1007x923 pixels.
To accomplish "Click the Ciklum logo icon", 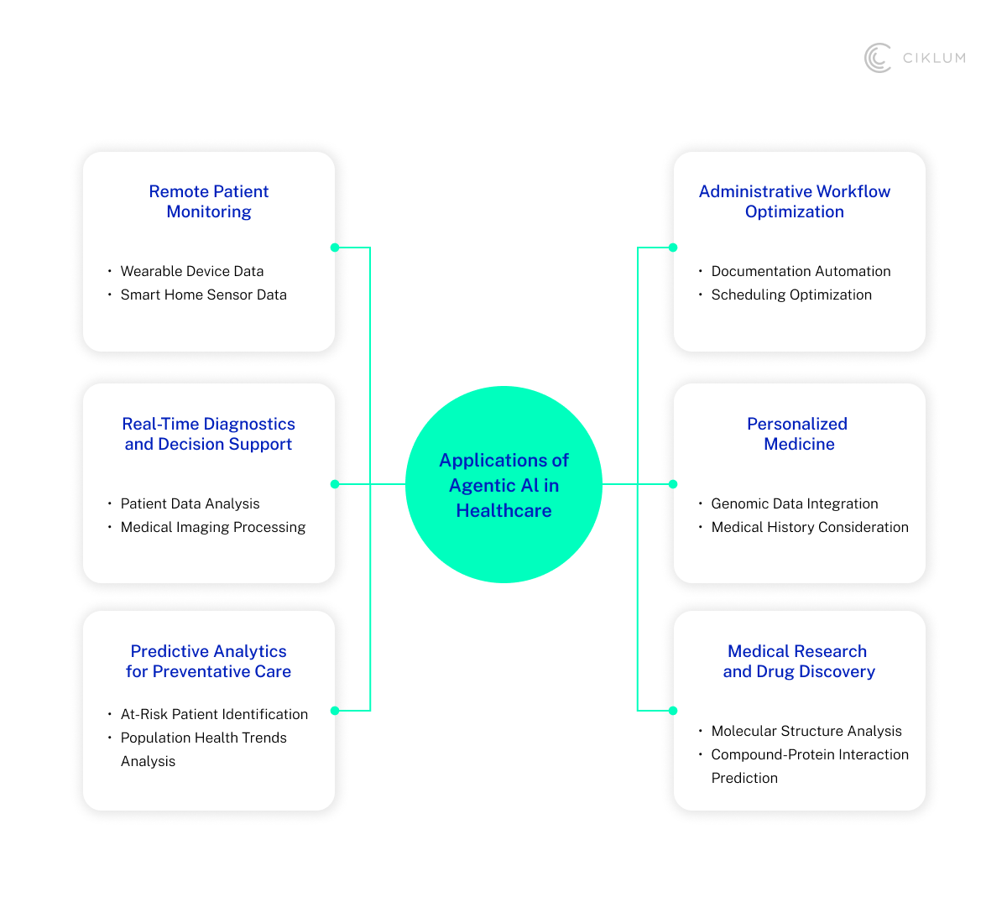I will [878, 58].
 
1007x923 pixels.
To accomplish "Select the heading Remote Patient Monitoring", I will [209, 201].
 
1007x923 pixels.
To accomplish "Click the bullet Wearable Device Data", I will [192, 271].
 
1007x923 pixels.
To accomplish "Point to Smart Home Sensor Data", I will [204, 295].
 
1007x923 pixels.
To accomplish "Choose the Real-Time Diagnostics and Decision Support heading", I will [209, 434].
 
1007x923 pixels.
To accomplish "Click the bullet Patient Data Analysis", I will [190, 503].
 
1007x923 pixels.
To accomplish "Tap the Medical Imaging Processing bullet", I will [213, 527].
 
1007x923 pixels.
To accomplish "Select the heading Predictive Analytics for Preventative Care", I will [209, 661].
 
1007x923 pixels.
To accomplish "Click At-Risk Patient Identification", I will [214, 714].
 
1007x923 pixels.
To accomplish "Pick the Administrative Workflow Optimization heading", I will [795, 201].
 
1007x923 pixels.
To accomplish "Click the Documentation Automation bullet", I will [801, 271].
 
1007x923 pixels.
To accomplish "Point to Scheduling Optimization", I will [791, 295].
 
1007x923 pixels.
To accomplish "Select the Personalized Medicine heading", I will [798, 434].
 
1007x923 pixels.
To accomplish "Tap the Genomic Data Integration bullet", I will [795, 503].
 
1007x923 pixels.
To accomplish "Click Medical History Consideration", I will [810, 527].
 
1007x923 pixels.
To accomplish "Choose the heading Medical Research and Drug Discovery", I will [799, 661].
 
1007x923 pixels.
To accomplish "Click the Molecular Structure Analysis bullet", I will [806, 731].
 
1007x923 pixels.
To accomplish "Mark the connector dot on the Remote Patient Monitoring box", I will [335, 248].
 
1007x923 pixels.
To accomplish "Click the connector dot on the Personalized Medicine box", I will [673, 484].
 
